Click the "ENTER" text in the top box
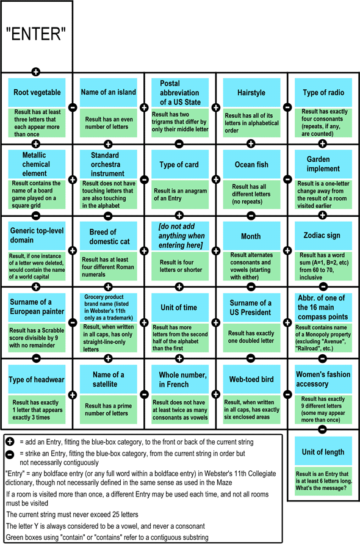click(x=36, y=34)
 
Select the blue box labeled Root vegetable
click(x=37, y=92)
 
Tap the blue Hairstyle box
click(x=251, y=92)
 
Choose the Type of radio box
click(x=323, y=92)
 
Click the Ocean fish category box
click(x=251, y=164)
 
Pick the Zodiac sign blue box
click(x=323, y=236)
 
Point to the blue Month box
click(x=251, y=236)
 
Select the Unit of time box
click(x=180, y=307)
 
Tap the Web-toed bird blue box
click(x=251, y=379)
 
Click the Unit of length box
click(x=323, y=452)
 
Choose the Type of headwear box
click(x=37, y=379)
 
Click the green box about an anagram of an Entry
click(x=180, y=195)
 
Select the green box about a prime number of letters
click(x=108, y=410)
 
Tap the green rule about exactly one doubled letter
click(x=251, y=337)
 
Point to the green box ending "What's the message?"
click(x=323, y=481)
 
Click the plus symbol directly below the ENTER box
click(x=35, y=72)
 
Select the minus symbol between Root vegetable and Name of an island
click(x=73, y=107)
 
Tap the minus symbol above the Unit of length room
click(x=322, y=429)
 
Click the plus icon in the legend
click(x=10, y=442)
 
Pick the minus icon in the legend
click(x=10, y=454)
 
